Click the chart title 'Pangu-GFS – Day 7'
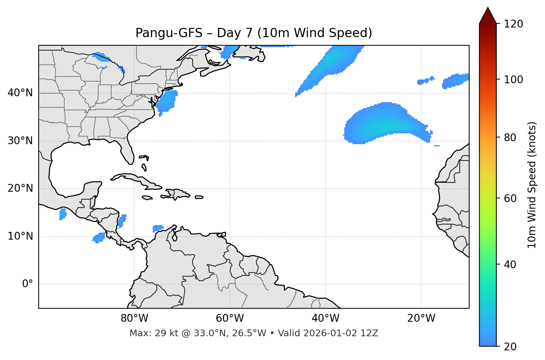254,33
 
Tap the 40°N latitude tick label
20,93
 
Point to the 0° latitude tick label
27,284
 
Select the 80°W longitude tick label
134,318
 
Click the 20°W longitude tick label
421,318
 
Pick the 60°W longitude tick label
230,318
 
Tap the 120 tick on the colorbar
513,24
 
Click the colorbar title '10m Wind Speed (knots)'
532,185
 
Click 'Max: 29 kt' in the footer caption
149,333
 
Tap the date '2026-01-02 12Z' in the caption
341,333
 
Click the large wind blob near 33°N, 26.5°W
383,123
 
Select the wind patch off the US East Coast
166,101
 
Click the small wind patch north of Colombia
158,228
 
